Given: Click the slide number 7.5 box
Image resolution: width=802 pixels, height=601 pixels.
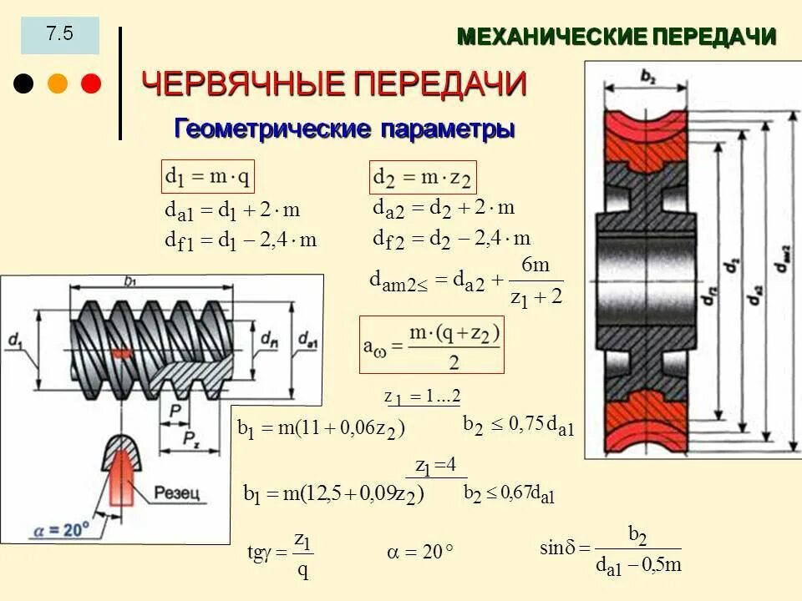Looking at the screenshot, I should pos(59,35).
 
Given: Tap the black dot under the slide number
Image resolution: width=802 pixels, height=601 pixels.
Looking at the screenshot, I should pos(25,83).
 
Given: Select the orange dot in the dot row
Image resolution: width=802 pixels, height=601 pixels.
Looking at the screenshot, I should pos(58,83).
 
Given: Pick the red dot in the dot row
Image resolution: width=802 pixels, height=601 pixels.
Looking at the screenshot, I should pos(90,83).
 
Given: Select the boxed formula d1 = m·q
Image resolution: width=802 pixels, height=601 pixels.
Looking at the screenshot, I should pos(208,177).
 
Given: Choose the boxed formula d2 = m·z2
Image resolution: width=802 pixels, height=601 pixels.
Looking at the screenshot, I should pos(423,178).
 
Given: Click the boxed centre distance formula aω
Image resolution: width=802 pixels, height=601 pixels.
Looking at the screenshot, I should pos(431,344).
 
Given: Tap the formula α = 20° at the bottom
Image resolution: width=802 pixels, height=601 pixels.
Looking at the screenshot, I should pos(419,552).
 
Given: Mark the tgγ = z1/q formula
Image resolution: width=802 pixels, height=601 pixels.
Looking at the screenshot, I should pos(280,553).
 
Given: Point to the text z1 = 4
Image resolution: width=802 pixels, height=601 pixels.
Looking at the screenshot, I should pos(436,465).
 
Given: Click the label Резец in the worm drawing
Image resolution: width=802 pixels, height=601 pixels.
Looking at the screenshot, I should pos(177,494).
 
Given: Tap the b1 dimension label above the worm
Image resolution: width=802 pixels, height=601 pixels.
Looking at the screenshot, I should pos(131,281).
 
